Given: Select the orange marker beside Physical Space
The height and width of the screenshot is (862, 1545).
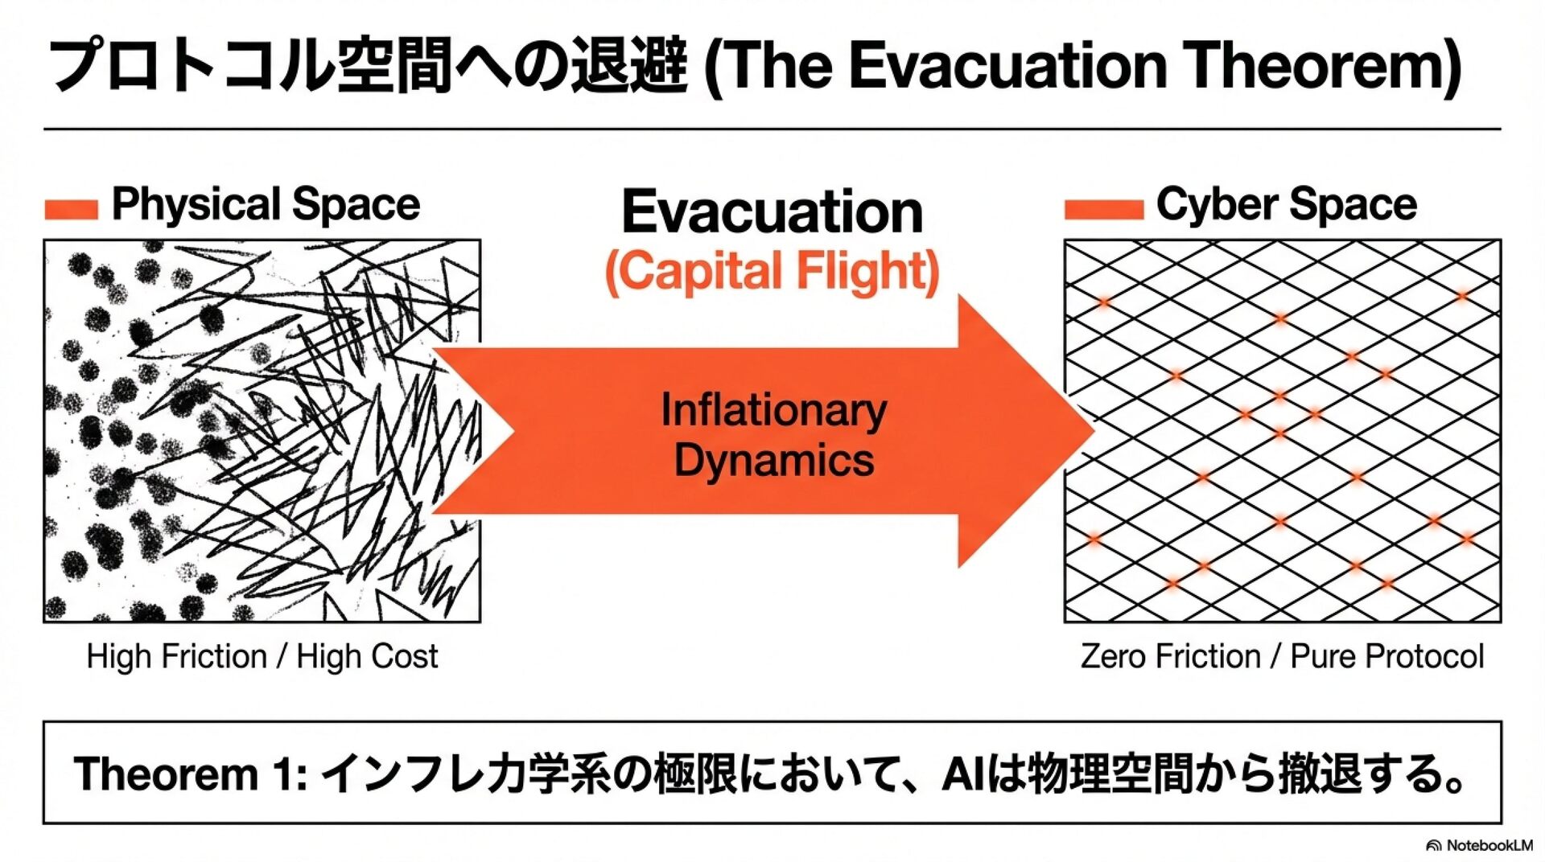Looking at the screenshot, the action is tap(71, 209).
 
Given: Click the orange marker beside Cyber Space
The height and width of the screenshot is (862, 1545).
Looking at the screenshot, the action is tap(1103, 209).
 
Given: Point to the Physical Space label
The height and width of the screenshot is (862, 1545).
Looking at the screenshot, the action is tap(266, 204).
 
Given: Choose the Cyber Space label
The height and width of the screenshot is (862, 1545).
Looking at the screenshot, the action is tap(1286, 204).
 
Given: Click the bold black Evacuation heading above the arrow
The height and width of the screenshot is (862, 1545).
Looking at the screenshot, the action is tap(772, 212).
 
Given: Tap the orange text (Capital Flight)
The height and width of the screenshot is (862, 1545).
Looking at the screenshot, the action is tap(772, 271).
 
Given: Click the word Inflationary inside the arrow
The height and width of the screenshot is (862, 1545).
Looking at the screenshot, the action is tap(773, 410).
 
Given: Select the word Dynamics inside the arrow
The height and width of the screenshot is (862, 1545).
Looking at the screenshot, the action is tap(773, 460).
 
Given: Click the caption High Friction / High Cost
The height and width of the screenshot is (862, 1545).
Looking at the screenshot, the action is tap(262, 656).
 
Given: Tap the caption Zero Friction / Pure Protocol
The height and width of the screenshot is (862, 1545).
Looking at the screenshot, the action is tap(1282, 656).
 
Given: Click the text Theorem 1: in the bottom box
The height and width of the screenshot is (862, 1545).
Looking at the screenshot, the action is tap(190, 774).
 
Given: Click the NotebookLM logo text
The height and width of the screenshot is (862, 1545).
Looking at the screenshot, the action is tap(1489, 845).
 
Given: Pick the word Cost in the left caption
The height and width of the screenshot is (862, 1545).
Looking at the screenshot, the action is tap(408, 656).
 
